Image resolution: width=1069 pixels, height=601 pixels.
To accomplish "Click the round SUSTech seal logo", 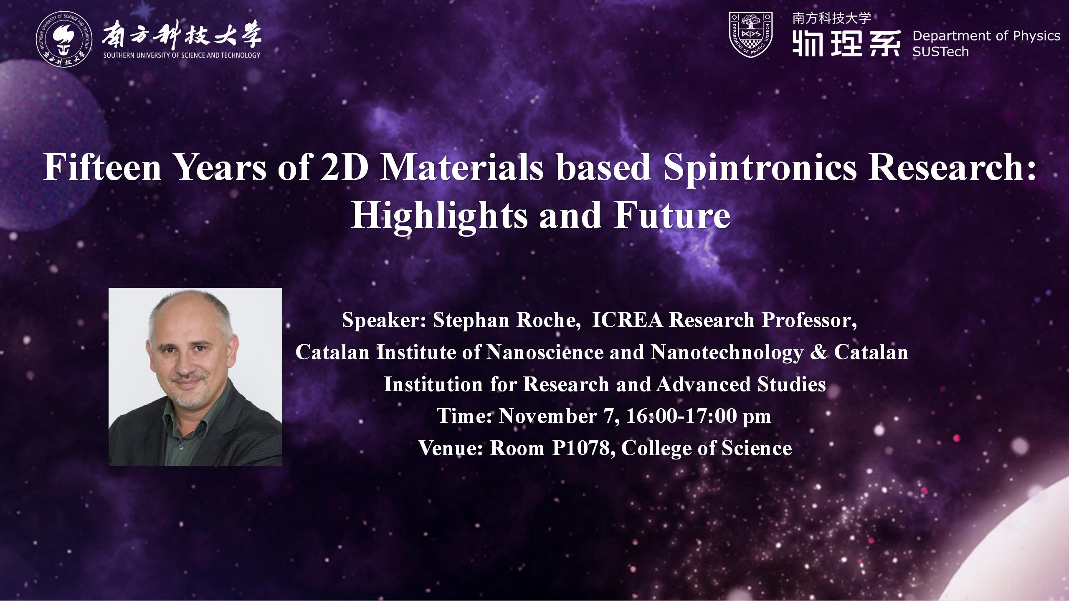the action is pos(63,40).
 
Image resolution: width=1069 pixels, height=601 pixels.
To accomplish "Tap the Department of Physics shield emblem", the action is pos(750,34).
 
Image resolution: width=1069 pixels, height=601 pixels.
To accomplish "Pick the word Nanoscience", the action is pos(545,352).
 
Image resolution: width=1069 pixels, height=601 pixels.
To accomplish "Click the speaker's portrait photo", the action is pos(195,377).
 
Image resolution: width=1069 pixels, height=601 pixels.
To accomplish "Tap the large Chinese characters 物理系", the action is pos(846,43).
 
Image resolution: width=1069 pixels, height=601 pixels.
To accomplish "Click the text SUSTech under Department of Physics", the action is pos(940,51).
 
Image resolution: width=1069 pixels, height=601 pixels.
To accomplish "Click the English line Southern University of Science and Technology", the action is pos(182,55).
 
